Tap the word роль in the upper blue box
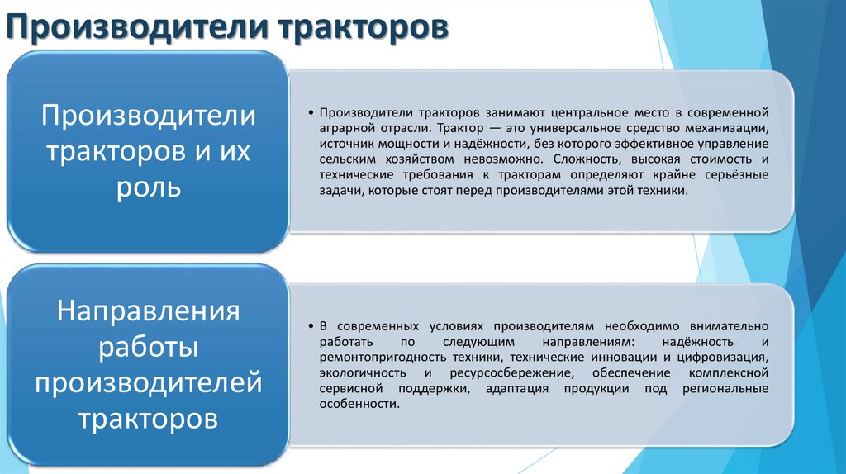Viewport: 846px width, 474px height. (150, 187)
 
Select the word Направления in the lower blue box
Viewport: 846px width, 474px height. (150, 313)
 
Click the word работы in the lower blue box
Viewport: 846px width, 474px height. (150, 348)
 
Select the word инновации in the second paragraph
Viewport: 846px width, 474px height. (620, 358)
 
